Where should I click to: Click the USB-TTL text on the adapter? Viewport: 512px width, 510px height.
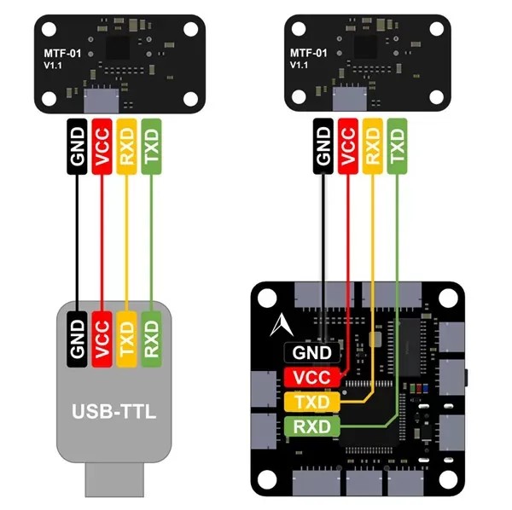point(114,414)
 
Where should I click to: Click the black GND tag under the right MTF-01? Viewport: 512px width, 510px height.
point(323,145)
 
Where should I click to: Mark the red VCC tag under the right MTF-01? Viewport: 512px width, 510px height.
point(347,145)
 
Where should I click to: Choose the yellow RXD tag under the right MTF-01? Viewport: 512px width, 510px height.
point(372,145)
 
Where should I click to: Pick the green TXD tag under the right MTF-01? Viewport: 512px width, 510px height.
point(396,145)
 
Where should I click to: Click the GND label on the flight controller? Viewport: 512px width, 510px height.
point(311,351)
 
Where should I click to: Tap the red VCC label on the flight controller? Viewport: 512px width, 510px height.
point(311,377)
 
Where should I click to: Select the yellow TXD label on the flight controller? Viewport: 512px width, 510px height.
point(311,402)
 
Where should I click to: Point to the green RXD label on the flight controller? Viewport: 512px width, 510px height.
point(311,426)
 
